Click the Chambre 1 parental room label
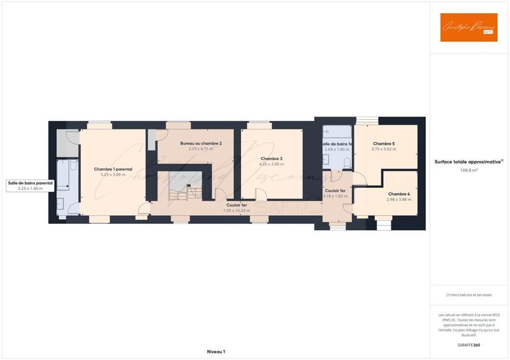pos(113,169)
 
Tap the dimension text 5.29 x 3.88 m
pos(113,175)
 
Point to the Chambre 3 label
pos(272,159)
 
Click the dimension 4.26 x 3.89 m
pos(272,164)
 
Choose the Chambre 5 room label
pos(384,144)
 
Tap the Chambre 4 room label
pos(398,194)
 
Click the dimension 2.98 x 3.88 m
pos(398,199)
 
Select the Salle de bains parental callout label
pos(30,183)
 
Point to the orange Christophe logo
pos(469,27)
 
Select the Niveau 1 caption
pos(216,352)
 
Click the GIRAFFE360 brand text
pos(469,345)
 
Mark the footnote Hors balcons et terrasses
pos(469,295)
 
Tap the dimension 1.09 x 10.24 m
pos(237,210)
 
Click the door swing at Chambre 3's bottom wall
pos(221,195)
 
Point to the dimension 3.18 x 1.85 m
pos(335,197)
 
